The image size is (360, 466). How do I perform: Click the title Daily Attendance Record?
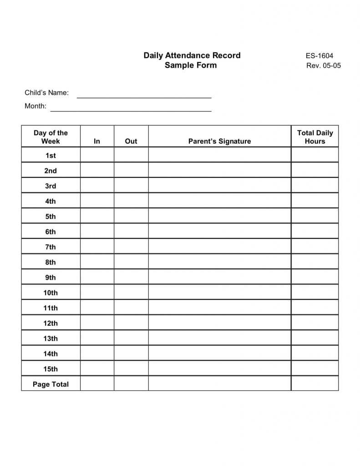[192, 56]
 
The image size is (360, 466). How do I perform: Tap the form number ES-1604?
[319, 56]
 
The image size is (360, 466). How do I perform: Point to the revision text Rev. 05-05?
[324, 66]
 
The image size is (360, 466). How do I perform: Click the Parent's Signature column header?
[219, 141]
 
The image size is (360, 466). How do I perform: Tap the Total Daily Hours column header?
[315, 137]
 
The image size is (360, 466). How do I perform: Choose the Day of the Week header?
[51, 137]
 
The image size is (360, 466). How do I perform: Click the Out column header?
[131, 141]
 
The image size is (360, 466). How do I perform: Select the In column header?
[97, 141]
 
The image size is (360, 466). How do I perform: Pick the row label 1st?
[51, 155]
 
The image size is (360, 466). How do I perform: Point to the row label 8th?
[51, 262]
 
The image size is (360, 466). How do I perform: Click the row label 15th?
[51, 369]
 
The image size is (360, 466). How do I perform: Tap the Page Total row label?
[51, 384]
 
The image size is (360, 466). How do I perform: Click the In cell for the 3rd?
[97, 186]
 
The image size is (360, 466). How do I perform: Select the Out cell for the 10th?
[131, 293]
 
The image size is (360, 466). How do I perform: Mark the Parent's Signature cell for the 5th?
[219, 216]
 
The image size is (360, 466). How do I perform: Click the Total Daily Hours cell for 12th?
[315, 323]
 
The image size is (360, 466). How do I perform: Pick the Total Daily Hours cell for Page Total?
[315, 384]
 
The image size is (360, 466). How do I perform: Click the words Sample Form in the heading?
[191, 65]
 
